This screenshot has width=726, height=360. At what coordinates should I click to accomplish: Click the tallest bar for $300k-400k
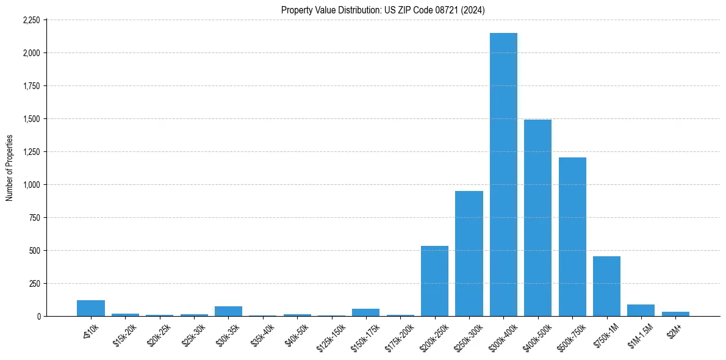tap(503, 175)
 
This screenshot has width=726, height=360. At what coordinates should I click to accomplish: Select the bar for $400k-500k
tap(537, 218)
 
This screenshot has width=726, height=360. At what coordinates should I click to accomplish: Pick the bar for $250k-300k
tap(469, 254)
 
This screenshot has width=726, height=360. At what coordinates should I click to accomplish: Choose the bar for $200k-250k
tap(434, 281)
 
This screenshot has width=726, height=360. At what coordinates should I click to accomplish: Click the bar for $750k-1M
tap(606, 286)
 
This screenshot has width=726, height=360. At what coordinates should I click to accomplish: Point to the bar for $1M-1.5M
tap(641, 311)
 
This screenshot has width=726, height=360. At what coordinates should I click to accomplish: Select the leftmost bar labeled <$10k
tap(91, 309)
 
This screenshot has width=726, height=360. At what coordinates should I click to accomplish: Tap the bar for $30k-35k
tap(228, 311)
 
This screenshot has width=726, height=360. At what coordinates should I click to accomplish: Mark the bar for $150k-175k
tap(365, 312)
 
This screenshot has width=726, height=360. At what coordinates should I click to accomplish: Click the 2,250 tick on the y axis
tap(31, 20)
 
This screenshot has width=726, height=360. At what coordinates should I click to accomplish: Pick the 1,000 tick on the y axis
tap(31, 185)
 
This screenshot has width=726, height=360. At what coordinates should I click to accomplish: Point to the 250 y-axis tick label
tap(34, 284)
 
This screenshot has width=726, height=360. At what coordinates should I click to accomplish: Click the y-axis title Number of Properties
tap(9, 168)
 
